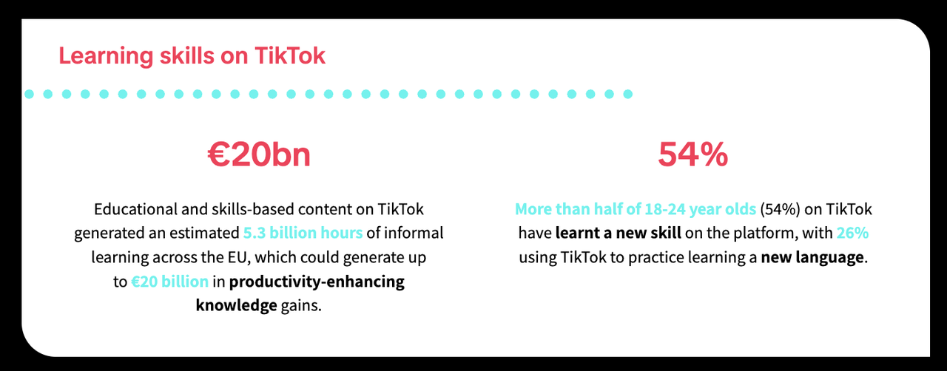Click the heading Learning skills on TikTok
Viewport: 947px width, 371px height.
click(x=192, y=56)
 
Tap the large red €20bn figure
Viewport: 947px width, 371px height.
click(x=258, y=156)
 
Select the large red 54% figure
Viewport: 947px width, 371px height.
click(x=693, y=156)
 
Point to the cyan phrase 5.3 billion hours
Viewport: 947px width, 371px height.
click(x=303, y=233)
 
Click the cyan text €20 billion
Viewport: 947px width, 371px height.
click(x=169, y=282)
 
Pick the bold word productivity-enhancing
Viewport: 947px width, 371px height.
click(x=317, y=282)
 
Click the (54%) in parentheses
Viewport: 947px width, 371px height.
click(x=776, y=209)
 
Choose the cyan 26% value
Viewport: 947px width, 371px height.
click(x=852, y=233)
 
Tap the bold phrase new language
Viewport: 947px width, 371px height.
click(x=812, y=258)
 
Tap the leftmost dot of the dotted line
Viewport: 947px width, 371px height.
click(x=28, y=94)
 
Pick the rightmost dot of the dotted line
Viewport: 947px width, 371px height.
click(x=628, y=94)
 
